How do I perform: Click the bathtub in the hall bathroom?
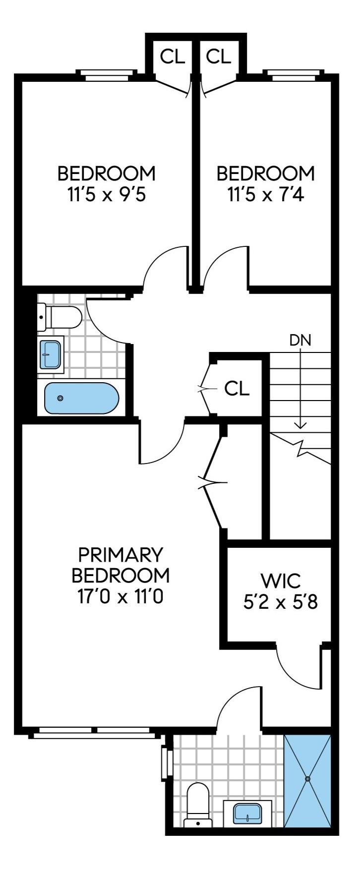click(82, 398)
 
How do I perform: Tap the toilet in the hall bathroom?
click(60, 317)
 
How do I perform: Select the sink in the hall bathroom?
click(52, 354)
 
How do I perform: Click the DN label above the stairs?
click(300, 340)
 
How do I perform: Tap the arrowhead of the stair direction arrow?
click(300, 425)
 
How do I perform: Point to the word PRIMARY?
click(120, 553)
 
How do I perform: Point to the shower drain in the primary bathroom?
click(307, 779)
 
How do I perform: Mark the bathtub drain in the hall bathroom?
click(60, 398)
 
